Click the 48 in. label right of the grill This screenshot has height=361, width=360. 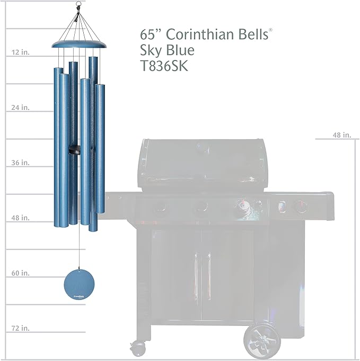coord(342,135)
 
